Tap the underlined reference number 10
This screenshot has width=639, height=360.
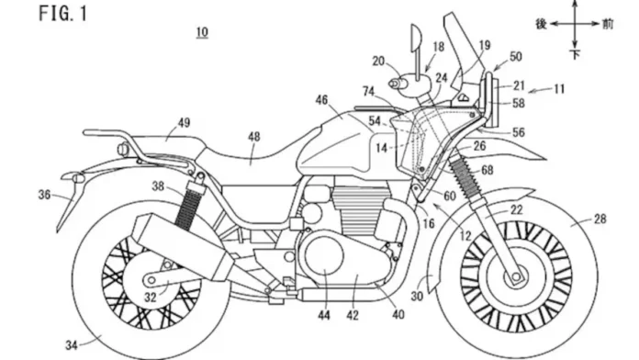201,32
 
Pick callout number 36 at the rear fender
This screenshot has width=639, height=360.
45,195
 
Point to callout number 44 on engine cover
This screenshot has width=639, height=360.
323,316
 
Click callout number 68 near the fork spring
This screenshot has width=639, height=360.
487,169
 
